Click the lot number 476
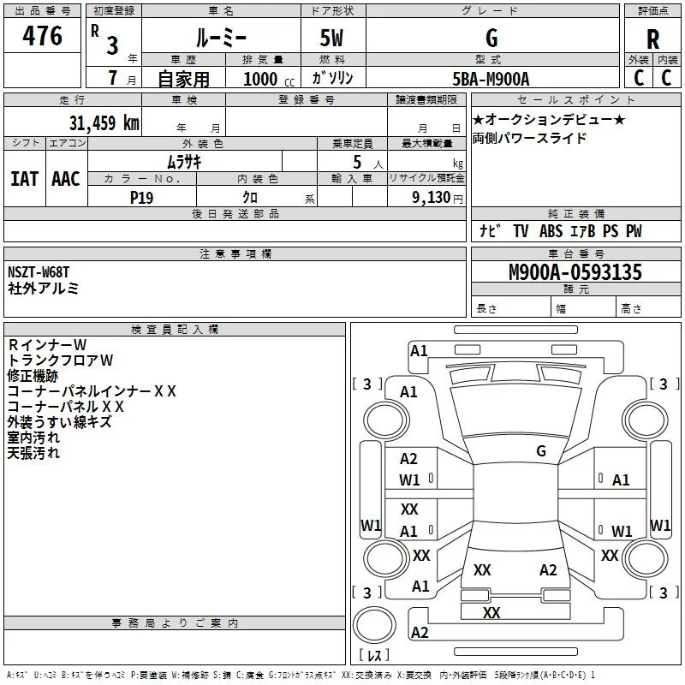pyautogui.click(x=42, y=36)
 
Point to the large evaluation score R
pyautogui.click(x=652, y=39)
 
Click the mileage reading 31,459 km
pyautogui.click(x=104, y=122)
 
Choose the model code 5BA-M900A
pyautogui.click(x=491, y=79)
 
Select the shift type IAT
pyautogui.click(x=24, y=178)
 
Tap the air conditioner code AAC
pyautogui.click(x=66, y=178)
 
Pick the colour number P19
pyautogui.click(x=141, y=196)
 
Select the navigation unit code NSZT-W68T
pyautogui.click(x=39, y=272)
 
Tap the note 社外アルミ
pyautogui.click(x=44, y=289)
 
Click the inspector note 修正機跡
pyautogui.click(x=33, y=376)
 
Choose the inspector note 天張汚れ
pyautogui.click(x=33, y=453)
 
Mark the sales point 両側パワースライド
pyautogui.click(x=530, y=139)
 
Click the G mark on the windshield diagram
pyautogui.click(x=540, y=450)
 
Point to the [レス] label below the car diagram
pyautogui.click(x=373, y=657)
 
